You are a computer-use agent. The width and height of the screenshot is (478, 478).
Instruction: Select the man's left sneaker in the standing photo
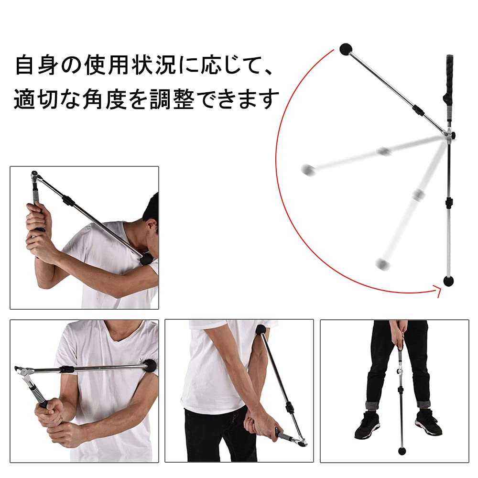coord(426,422)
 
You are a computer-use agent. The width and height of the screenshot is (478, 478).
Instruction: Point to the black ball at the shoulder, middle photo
coord(261,330)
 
